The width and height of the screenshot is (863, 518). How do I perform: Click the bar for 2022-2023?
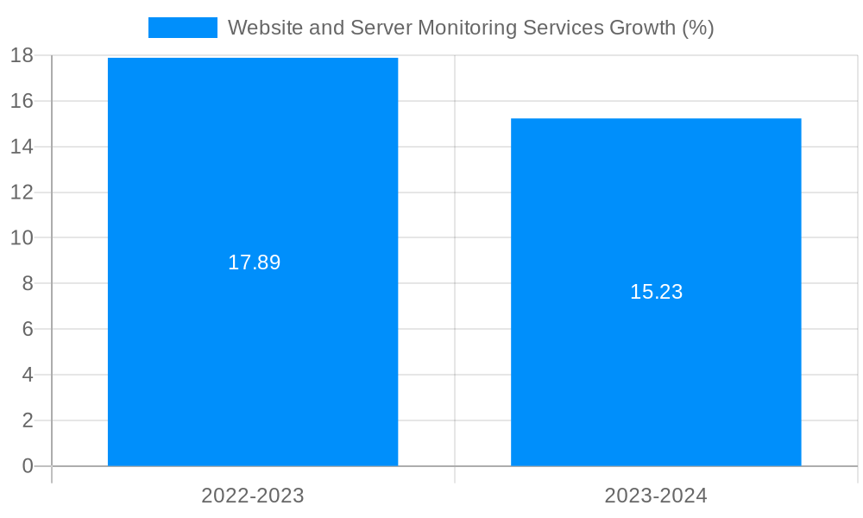point(253,363)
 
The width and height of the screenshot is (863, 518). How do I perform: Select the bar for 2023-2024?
point(656,380)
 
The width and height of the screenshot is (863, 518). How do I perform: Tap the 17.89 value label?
point(254,262)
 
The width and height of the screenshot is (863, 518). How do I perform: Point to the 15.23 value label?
point(656,292)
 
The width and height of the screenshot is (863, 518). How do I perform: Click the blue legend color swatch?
point(182,28)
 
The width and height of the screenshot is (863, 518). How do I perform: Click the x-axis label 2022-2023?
point(253,496)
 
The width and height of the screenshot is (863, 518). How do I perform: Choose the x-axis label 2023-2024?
point(656,496)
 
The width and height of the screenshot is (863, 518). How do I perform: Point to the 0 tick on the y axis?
point(27,466)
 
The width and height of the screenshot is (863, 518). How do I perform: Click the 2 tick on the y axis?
point(27,420)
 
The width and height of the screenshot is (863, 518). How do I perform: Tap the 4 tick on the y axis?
point(27,375)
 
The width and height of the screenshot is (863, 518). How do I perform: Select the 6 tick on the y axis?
point(27,329)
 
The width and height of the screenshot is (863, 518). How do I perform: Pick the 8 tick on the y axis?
point(27,283)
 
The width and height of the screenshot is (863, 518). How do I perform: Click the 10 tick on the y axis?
point(22,237)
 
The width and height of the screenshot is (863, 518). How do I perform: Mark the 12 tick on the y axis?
point(22,192)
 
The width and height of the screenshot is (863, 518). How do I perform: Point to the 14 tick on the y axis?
point(22,147)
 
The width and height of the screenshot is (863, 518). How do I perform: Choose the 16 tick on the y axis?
point(22,101)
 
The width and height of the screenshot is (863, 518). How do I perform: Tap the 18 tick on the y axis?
point(22,55)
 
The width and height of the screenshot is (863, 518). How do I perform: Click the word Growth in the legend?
point(642,28)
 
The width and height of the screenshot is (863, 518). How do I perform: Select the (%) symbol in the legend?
point(697,28)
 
